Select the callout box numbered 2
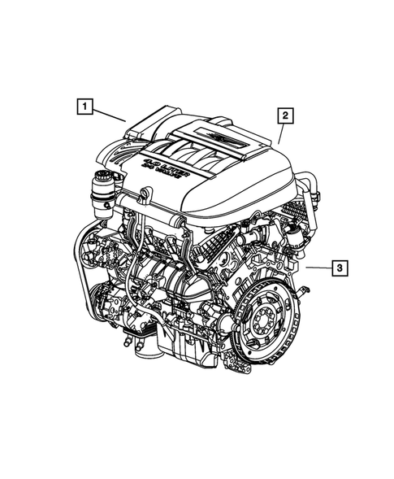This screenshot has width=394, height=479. point(284,115)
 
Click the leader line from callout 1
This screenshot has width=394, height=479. point(111,115)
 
